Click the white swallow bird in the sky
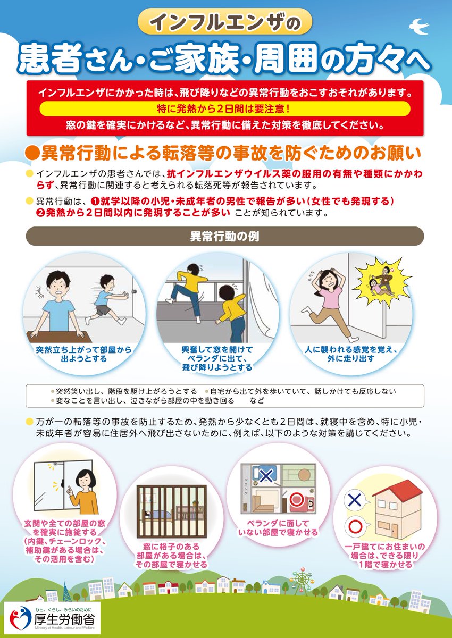(x=420, y=26)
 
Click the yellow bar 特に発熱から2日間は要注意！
(x=225, y=108)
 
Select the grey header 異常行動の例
(x=225, y=236)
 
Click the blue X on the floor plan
(x=266, y=475)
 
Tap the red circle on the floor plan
(x=296, y=500)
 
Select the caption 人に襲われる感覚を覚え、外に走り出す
(x=351, y=355)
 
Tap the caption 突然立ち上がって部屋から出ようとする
(x=84, y=355)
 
